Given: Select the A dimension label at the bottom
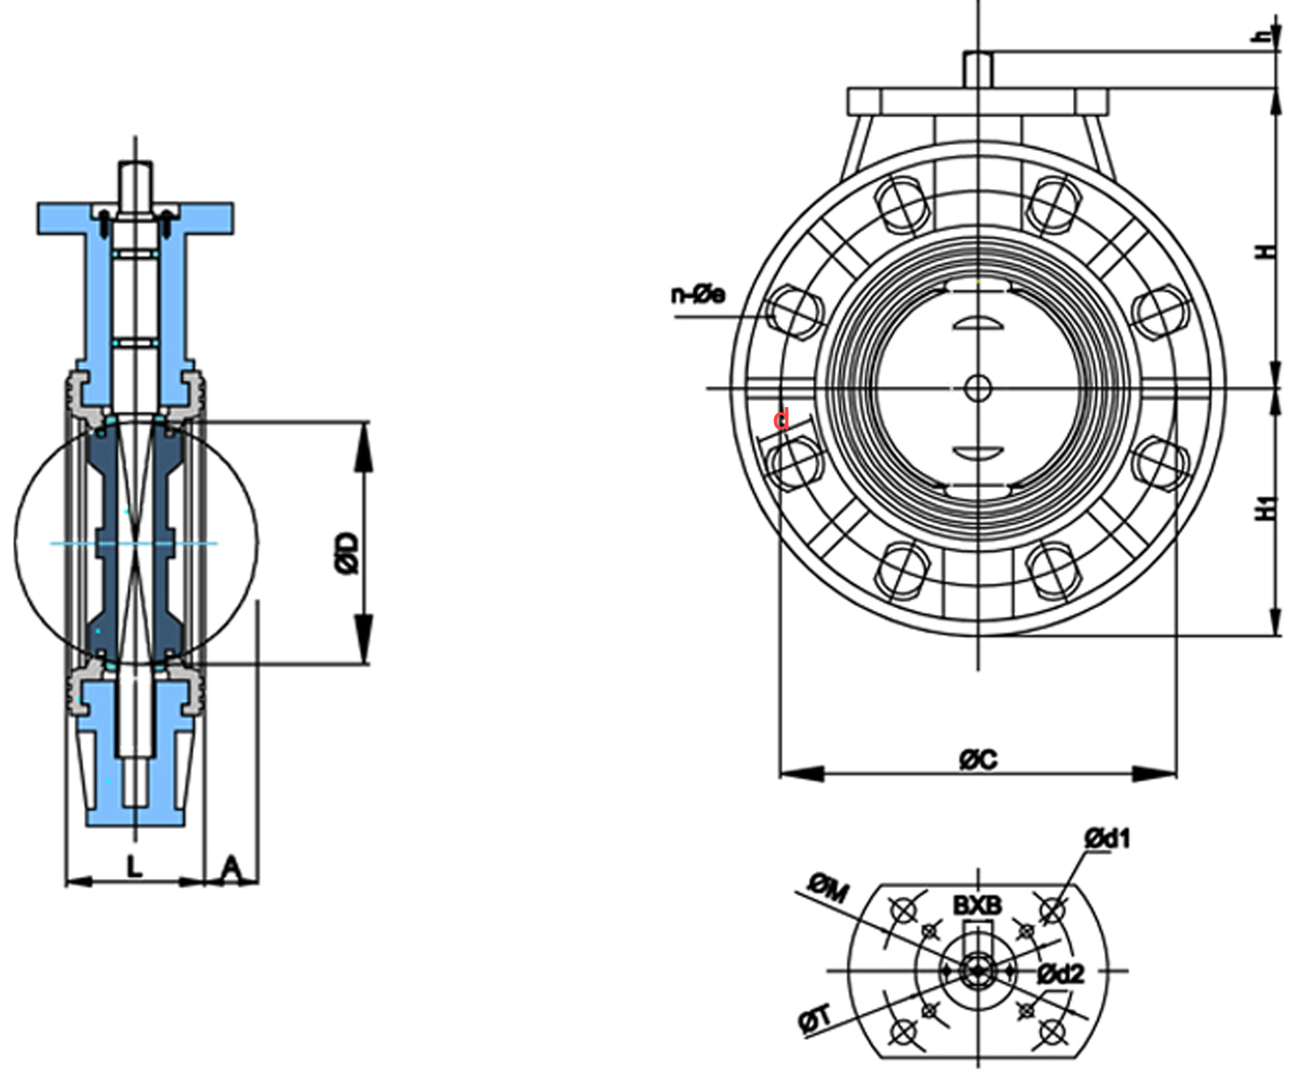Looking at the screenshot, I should point(231,868).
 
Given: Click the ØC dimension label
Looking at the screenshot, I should point(978,759).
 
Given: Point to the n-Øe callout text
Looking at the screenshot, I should point(698,295).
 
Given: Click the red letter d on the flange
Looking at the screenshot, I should point(782,419).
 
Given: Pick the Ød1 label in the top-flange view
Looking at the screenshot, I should point(1107,838).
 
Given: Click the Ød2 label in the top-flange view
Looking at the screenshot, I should point(1060,974).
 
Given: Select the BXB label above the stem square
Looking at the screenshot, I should point(977,905).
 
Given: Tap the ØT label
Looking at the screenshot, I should point(815,1020).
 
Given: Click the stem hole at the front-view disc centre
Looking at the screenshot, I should point(977,388).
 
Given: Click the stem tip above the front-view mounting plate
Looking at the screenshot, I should point(978,69).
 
